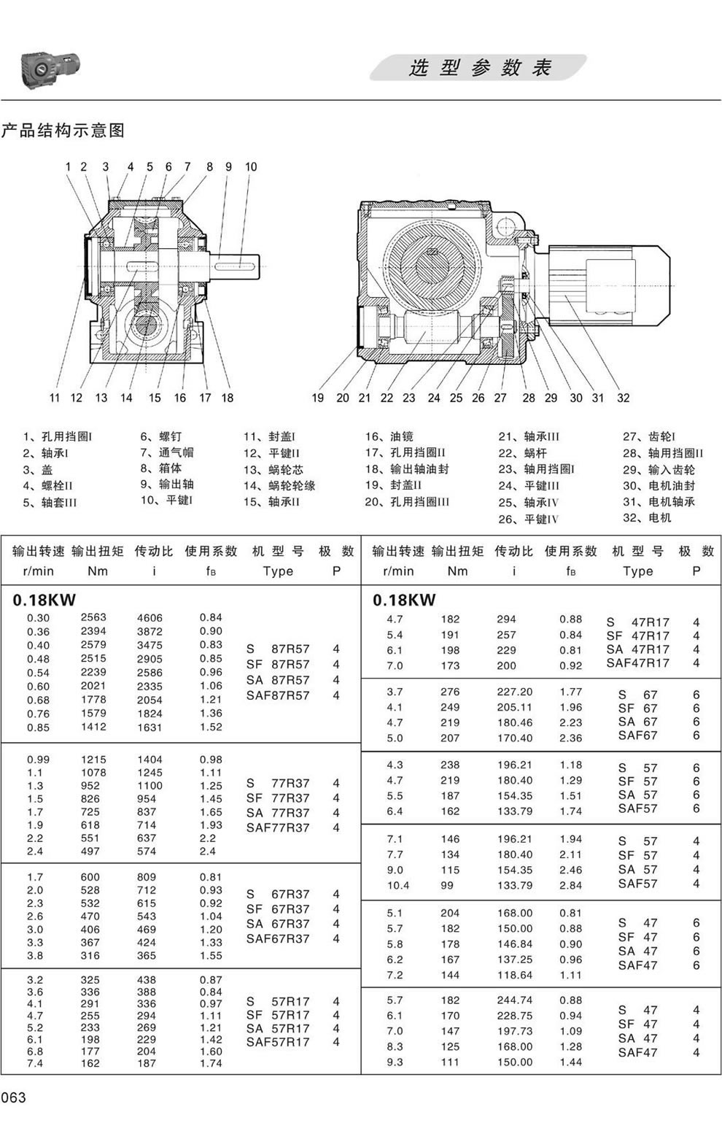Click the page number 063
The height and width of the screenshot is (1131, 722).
point(13,1097)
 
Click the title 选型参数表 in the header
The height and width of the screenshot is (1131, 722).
point(479,68)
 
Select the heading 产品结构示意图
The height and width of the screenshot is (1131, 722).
point(63,131)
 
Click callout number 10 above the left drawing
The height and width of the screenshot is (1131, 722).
point(251,167)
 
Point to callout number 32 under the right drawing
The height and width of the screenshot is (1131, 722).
point(623,398)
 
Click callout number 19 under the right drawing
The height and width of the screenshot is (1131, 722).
point(317,398)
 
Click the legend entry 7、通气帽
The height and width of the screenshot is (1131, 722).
point(167,453)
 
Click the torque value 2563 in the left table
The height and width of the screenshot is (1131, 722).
point(93,617)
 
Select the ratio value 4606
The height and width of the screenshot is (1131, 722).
point(150,617)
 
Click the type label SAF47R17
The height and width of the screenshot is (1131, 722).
point(638,663)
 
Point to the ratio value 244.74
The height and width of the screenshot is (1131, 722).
point(515,1000)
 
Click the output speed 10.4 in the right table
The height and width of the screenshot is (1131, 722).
point(398,885)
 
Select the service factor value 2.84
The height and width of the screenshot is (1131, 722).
point(571,885)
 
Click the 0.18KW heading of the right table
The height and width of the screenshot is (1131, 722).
point(404,600)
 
